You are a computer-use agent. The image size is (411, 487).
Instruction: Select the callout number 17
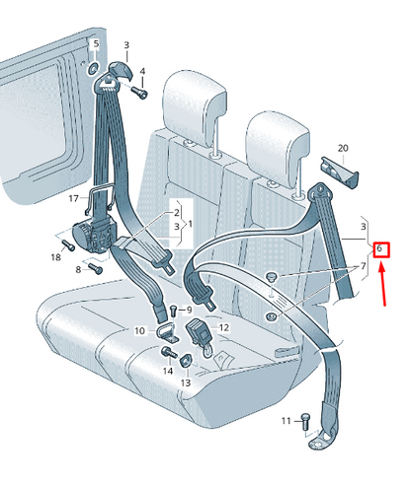tap(73, 198)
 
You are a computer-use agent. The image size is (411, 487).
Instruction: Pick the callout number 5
tap(95, 44)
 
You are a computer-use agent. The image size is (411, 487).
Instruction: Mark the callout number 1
tap(190, 225)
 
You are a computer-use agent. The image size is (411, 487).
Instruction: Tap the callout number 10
tap(139, 331)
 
